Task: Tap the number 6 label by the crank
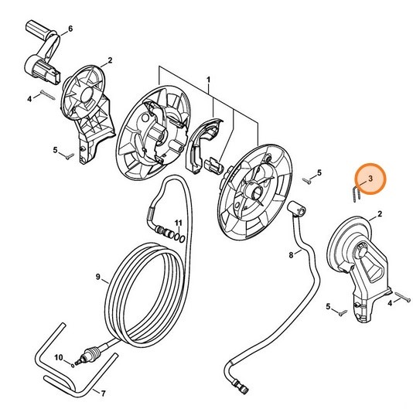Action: [70, 29]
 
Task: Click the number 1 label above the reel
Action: [208, 80]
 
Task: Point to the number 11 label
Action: [178, 223]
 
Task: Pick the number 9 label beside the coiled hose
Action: [98, 277]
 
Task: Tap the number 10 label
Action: [57, 356]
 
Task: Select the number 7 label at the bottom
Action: [104, 393]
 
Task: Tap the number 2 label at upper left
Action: [110, 60]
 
